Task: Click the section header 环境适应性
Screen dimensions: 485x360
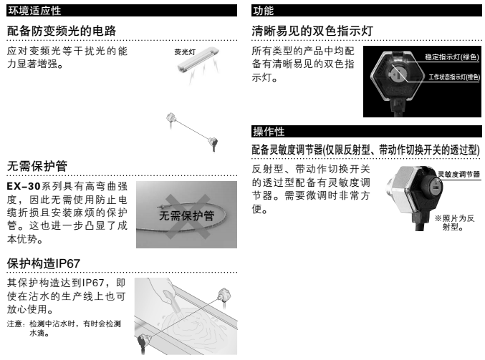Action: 34,11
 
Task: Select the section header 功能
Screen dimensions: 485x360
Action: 263,11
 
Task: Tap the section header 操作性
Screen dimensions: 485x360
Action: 269,131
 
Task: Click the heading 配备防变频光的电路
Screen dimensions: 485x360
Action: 62,31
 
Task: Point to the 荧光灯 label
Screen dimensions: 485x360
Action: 185,52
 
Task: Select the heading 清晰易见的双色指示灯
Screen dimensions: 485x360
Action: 312,31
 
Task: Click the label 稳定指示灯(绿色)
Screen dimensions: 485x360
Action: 451,57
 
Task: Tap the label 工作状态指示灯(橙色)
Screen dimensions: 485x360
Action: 453,77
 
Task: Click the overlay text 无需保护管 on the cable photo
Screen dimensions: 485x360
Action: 186,215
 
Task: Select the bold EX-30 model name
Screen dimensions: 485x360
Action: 24,186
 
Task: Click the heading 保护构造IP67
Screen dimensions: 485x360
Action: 43,263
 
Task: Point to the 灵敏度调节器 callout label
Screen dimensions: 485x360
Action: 459,175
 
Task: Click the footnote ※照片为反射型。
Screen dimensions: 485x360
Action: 454,223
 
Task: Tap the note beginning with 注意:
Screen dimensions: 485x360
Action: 64,329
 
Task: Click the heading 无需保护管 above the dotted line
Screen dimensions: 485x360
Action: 37,166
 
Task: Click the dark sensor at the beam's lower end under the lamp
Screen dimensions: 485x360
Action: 213,144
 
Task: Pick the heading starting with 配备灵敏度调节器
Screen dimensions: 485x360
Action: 365,150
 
